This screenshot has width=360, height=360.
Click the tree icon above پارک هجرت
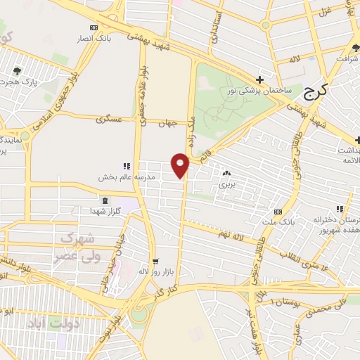16,70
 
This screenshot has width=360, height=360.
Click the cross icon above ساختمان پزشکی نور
260,79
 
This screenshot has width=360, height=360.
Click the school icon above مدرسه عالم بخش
127,167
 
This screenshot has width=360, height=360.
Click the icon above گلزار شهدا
105,200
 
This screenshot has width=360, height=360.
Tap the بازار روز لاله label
153,271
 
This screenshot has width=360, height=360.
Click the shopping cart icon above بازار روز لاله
154,260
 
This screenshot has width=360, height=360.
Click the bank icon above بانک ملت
278,212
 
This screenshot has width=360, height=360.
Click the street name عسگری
111,121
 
